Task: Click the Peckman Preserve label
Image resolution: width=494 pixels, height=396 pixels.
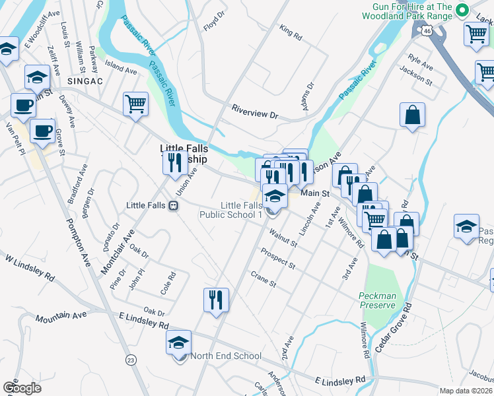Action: (x=378, y=300)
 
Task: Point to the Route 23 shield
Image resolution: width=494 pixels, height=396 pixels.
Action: (x=131, y=359)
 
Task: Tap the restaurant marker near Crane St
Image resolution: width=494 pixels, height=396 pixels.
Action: (x=216, y=301)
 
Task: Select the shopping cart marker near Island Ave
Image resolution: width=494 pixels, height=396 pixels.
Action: (x=135, y=104)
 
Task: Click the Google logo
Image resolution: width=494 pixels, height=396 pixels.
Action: (x=22, y=387)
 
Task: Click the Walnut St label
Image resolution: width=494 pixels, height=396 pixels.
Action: (x=283, y=238)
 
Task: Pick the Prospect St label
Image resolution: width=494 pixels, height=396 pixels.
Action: (x=277, y=259)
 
